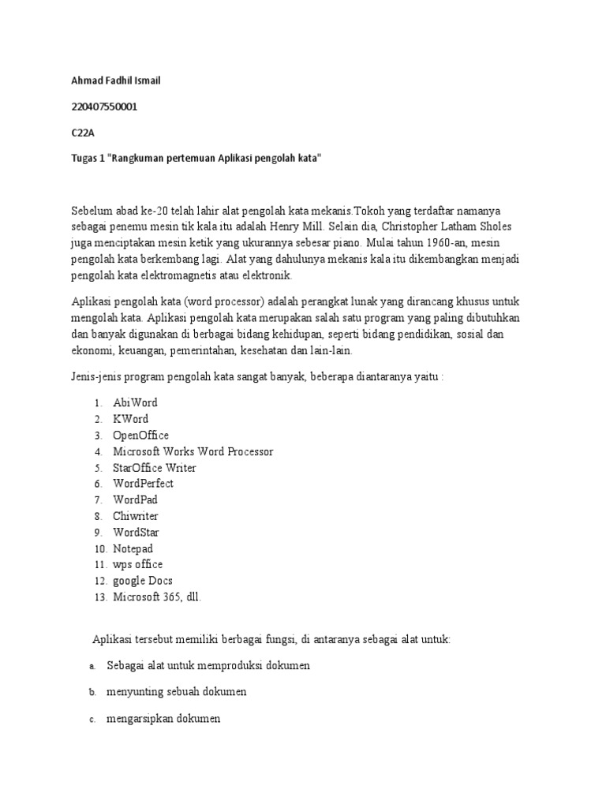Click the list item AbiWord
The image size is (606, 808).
pyautogui.click(x=135, y=402)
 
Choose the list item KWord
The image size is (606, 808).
pyautogui.click(x=130, y=419)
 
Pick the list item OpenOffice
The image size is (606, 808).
pyautogui.click(x=140, y=435)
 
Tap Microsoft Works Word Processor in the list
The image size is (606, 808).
pyautogui.click(x=193, y=451)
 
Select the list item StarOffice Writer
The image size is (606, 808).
pyautogui.click(x=155, y=467)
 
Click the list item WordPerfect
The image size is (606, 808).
pyautogui.click(x=143, y=483)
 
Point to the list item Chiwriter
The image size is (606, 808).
pyautogui.click(x=136, y=515)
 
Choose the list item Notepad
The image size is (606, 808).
pyautogui.click(x=133, y=548)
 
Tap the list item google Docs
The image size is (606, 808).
pyautogui.click(x=143, y=580)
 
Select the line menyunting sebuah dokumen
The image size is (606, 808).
pyautogui.click(x=177, y=692)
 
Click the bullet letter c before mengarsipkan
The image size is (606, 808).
pyautogui.click(x=92, y=719)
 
